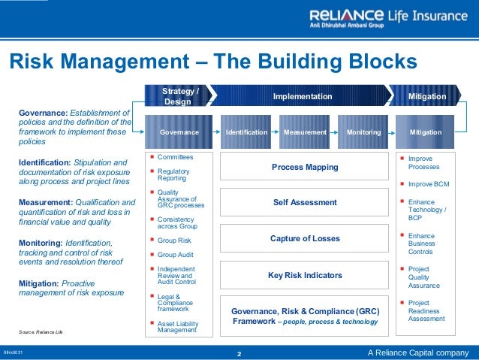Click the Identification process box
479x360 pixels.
click(x=246, y=132)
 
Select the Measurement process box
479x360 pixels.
click(x=305, y=132)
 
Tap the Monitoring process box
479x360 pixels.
click(x=363, y=132)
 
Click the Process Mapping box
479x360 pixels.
click(x=305, y=167)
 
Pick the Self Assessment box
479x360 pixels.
click(x=305, y=202)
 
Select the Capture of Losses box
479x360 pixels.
click(x=305, y=238)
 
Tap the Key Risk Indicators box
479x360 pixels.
click(x=305, y=275)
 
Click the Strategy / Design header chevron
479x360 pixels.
click(x=180, y=96)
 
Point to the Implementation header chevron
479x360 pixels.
click(x=302, y=96)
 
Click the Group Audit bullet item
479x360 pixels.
click(x=176, y=255)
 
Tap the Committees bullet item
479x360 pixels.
click(x=175, y=157)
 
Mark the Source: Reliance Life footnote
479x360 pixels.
click(x=42, y=331)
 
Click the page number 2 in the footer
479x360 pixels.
click(x=239, y=352)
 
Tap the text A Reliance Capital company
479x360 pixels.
click(x=417, y=352)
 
